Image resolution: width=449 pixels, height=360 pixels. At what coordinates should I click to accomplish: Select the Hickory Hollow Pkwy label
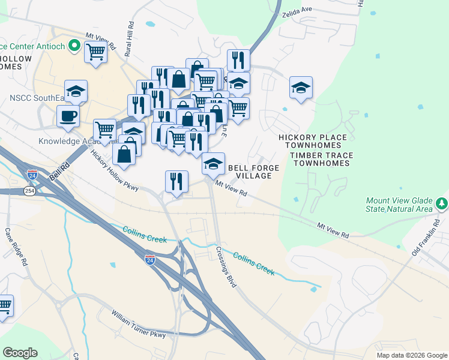[115, 170]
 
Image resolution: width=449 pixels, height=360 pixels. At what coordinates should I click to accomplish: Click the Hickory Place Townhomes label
[313, 142]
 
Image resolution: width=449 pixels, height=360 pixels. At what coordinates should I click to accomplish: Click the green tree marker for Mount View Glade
[442, 203]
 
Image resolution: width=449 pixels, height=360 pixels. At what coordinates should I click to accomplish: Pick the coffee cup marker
[68, 115]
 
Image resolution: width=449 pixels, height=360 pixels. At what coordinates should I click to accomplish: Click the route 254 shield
[29, 190]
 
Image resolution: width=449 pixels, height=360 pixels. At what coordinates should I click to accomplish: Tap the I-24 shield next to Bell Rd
[32, 175]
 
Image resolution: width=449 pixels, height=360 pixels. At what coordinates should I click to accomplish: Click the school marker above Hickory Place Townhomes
[301, 88]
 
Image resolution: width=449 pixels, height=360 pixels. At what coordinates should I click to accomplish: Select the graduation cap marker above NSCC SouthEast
[76, 91]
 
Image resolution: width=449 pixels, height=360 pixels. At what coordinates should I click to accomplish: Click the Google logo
[20, 353]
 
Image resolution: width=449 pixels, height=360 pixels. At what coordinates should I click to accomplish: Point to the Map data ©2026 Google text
[411, 355]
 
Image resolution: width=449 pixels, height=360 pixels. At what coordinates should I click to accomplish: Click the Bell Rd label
[57, 174]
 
